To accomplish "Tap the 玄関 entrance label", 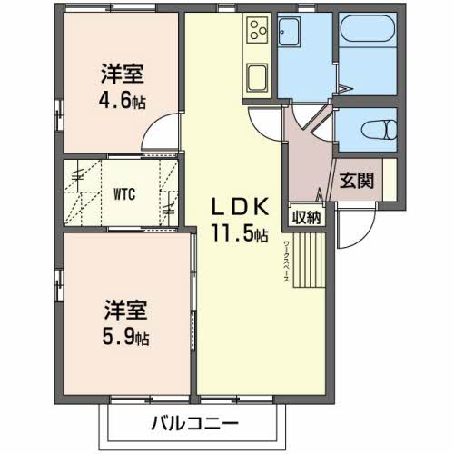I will point(357,180).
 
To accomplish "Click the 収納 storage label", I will point(307,217).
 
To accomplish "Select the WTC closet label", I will point(125,192).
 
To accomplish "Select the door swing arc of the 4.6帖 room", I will point(160,134).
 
